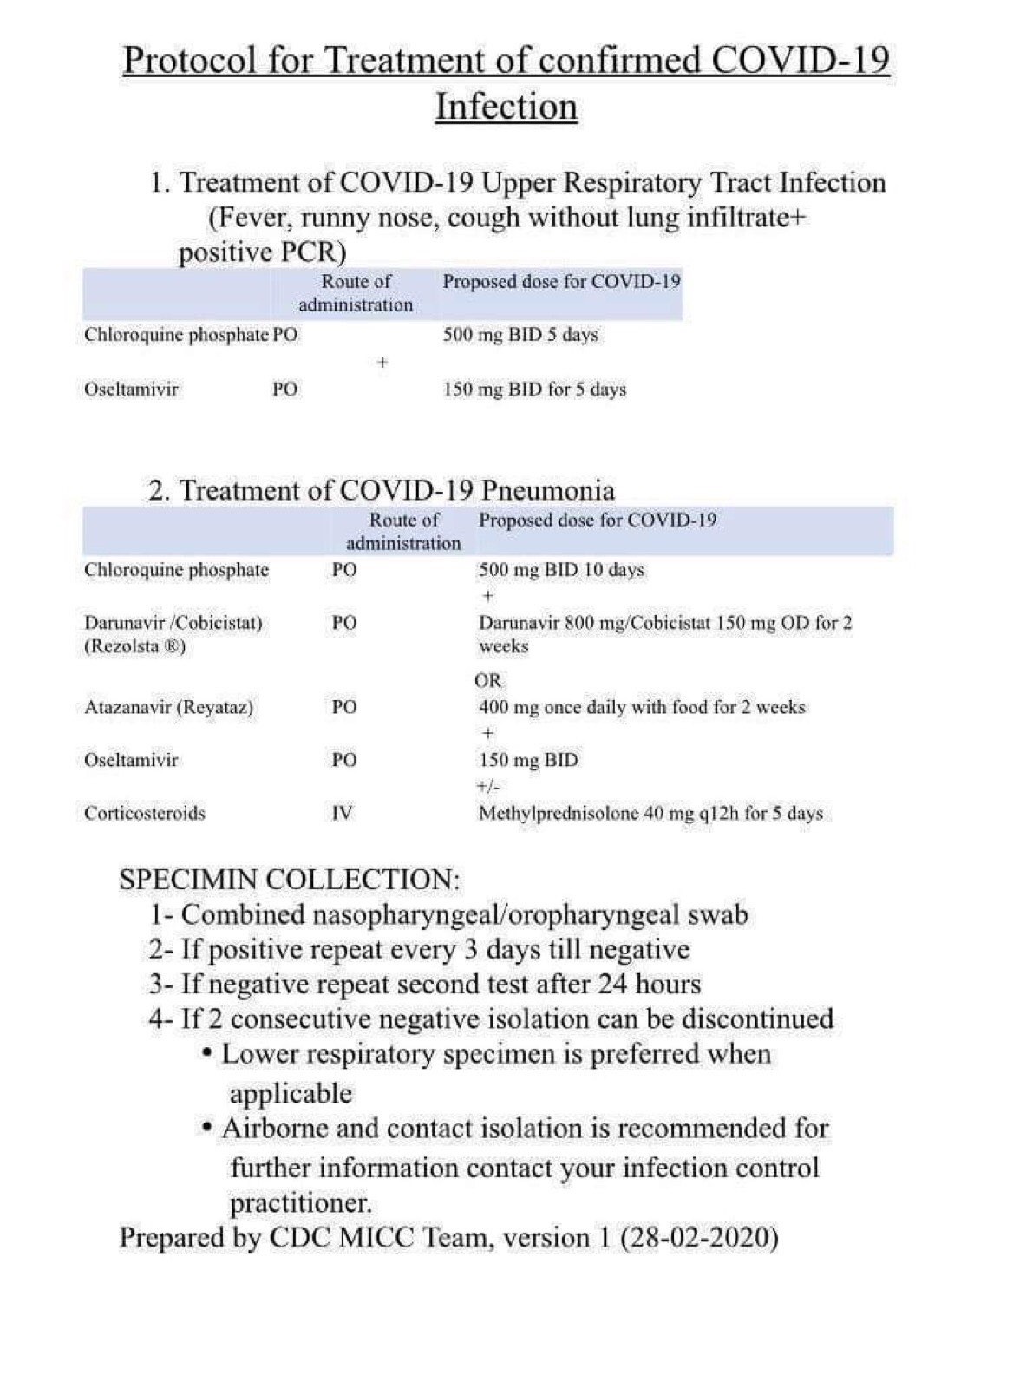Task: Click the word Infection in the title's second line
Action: pos(506,107)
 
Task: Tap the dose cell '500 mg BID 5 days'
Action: pos(520,335)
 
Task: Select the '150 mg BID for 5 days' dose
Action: pos(534,390)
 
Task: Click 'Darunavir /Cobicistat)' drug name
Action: pos(173,623)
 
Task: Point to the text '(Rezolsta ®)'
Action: pos(135,646)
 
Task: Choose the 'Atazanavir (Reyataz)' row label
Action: pos(169,707)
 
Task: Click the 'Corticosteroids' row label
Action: pos(145,813)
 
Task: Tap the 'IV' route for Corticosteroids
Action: pos(343,813)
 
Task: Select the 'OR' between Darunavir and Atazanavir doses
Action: pos(488,681)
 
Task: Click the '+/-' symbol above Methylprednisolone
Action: pos(488,787)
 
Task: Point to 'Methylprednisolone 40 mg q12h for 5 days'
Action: pos(650,814)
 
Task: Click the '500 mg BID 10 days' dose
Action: pos(561,570)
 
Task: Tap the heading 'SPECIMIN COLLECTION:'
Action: pos(290,879)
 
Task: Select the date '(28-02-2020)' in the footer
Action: pos(699,1237)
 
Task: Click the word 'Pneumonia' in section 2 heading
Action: pos(547,490)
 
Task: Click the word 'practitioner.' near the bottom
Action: pos(301,1203)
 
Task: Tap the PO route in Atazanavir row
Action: pos(344,707)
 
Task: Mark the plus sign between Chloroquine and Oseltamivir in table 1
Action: pos(382,363)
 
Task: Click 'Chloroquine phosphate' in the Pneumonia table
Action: pos(177,570)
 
